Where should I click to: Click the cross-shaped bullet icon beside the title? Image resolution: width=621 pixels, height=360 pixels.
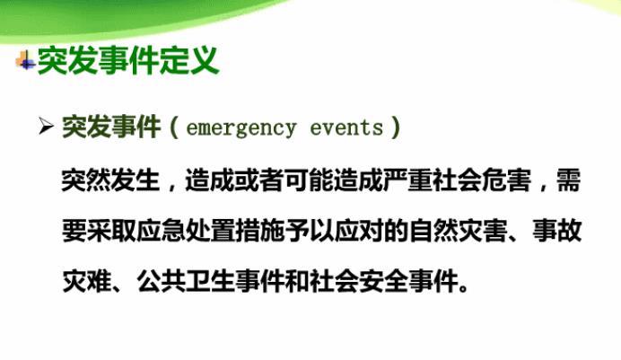[25, 61]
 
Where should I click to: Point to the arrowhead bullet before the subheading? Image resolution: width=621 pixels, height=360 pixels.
[47, 127]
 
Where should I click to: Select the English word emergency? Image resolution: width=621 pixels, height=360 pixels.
[241, 128]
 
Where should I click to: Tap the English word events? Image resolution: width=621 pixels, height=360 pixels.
[346, 127]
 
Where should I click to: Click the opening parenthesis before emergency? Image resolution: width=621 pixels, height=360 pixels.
[173, 127]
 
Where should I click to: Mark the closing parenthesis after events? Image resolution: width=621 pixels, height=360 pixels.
[395, 127]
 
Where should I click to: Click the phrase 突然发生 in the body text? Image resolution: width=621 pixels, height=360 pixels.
[111, 180]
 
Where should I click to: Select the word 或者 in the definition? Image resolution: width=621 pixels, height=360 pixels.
[259, 180]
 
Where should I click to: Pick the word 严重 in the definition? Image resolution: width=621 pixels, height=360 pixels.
[407, 180]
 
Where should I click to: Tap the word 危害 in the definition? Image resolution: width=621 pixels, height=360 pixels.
[506, 180]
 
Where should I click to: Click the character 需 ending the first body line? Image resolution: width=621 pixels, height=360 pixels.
[569, 180]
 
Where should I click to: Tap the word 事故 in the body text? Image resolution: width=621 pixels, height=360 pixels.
[556, 231]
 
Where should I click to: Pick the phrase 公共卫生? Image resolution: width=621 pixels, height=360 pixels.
[186, 281]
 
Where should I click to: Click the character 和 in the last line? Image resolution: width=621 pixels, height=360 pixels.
[297, 281]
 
